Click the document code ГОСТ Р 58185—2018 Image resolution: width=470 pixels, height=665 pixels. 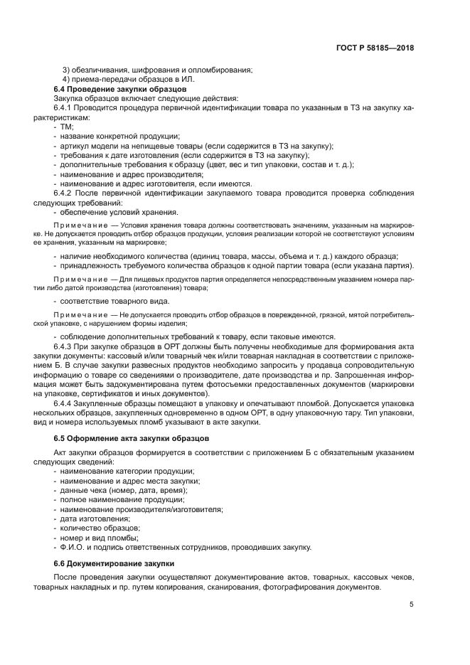point(374,48)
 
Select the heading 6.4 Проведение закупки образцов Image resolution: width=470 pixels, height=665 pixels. point(120,89)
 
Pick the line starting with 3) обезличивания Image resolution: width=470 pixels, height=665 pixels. point(157,70)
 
